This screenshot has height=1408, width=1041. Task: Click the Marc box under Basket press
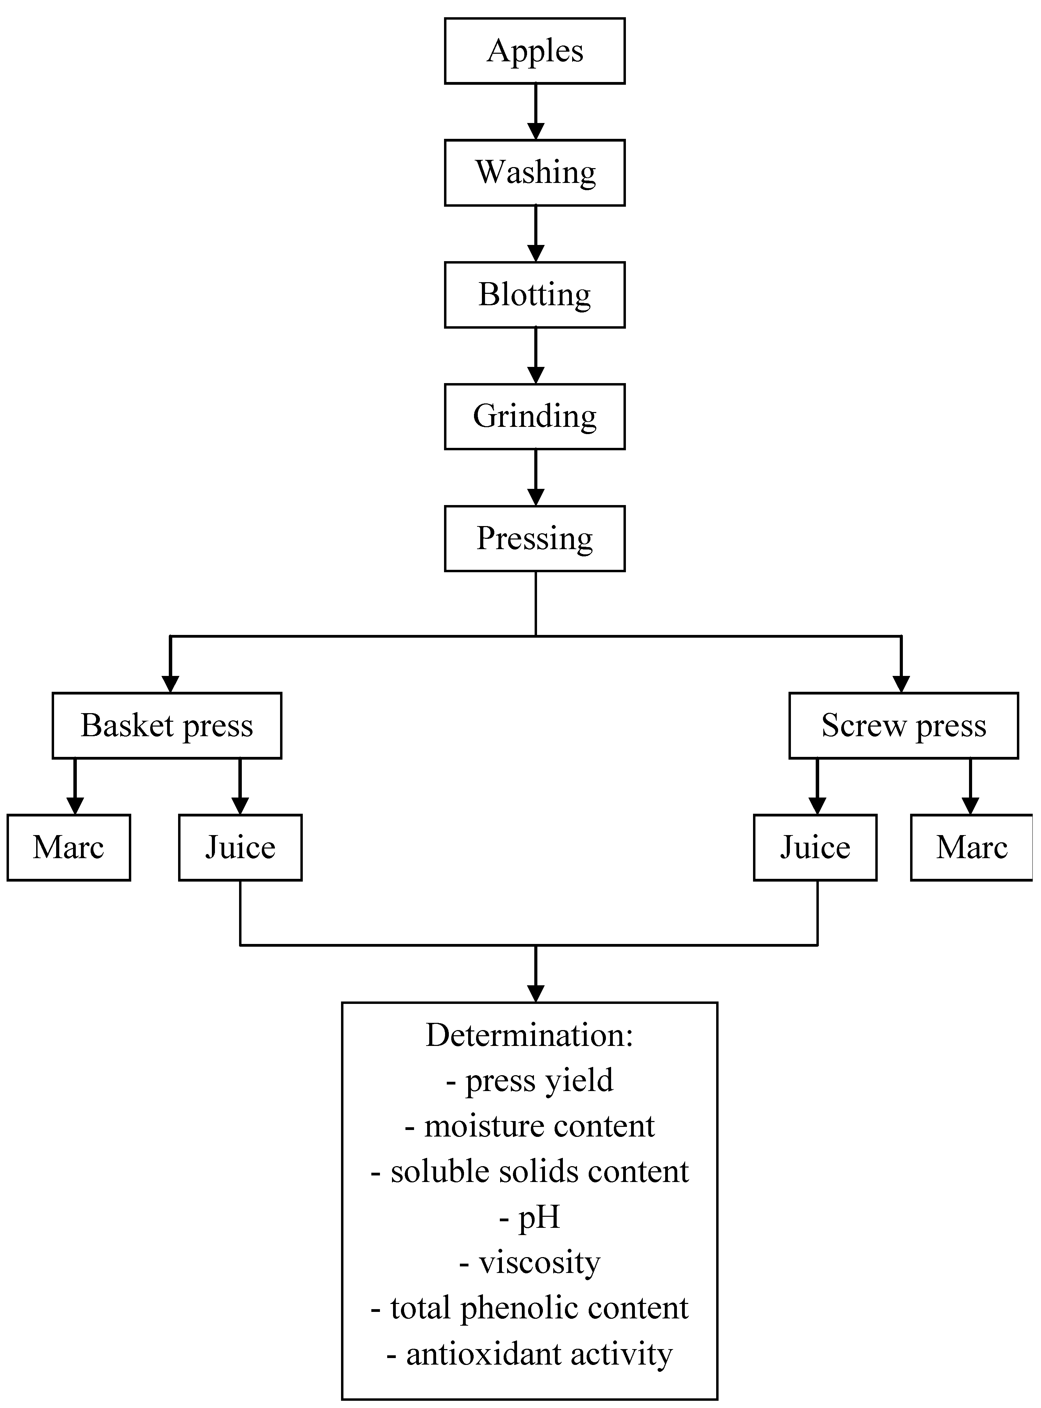(x=68, y=848)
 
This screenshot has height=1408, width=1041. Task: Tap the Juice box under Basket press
(x=240, y=848)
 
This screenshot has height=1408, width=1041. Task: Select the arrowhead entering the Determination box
(x=536, y=993)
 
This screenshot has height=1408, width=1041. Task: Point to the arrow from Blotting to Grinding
(x=536, y=356)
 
